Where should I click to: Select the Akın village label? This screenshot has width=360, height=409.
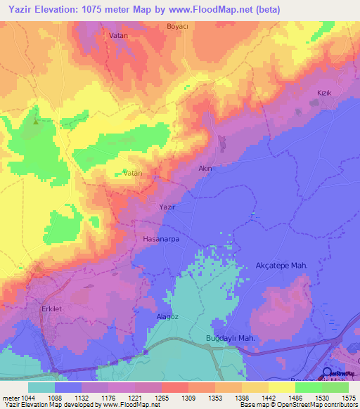(x=205, y=168)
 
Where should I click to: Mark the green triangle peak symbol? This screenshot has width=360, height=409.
(x=36, y=120)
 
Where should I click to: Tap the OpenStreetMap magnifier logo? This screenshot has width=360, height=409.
(x=328, y=373)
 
